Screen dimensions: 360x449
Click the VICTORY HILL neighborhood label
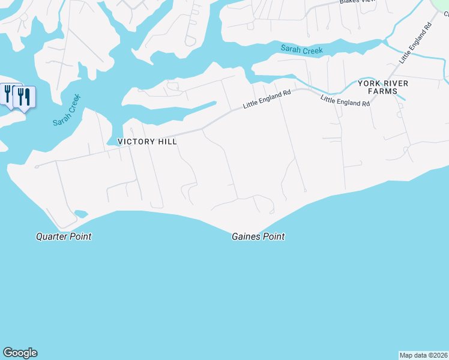click(x=147, y=142)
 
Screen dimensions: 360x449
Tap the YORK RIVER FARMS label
click(x=378, y=87)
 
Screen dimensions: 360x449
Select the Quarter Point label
click(x=64, y=236)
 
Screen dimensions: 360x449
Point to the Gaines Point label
click(x=258, y=237)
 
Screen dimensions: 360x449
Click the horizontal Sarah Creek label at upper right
click(x=302, y=50)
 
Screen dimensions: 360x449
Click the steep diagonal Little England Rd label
click(x=415, y=44)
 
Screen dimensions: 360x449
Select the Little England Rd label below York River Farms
click(x=345, y=100)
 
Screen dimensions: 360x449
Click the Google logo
click(x=20, y=353)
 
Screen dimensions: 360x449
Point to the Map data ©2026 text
click(x=423, y=355)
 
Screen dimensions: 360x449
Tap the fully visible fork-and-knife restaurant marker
click(x=23, y=97)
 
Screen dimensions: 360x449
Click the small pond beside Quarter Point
click(x=80, y=214)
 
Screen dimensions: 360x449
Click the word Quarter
click(x=52, y=236)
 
